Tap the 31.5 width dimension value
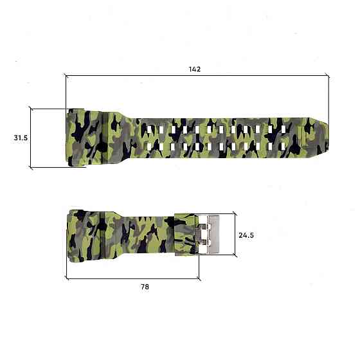(20, 138)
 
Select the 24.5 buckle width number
(246, 235)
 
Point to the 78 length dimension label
(145, 287)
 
